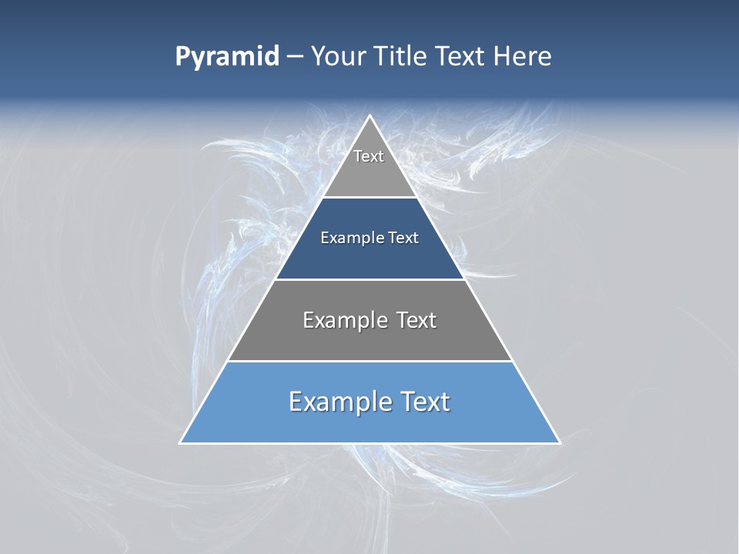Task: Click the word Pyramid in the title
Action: click(x=227, y=57)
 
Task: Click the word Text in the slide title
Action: click(x=460, y=57)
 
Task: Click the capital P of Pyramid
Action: click(x=182, y=57)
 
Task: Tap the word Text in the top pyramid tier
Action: click(x=369, y=156)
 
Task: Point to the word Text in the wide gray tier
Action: click(x=416, y=320)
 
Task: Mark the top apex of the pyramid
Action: click(x=369, y=116)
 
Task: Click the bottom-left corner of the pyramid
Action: click(x=181, y=442)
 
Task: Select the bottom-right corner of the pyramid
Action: click(x=559, y=442)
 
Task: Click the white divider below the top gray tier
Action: click(x=369, y=198)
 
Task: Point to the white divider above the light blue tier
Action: click(x=369, y=361)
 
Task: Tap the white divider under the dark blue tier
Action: click(x=369, y=279)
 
